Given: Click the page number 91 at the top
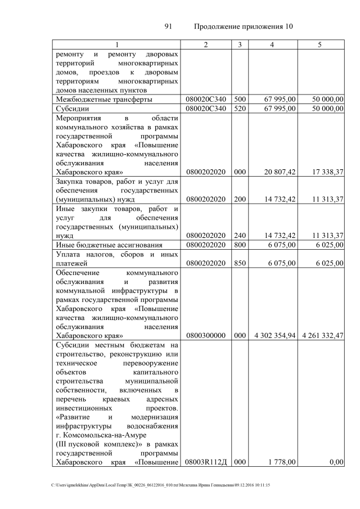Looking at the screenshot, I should coord(168,26).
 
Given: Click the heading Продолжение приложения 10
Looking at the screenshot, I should coord(244,26).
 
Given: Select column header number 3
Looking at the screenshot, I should coord(240,44).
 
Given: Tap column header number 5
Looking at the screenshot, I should coord(319,44).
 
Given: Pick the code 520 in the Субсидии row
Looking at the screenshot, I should coord(240,108).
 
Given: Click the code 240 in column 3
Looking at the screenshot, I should coord(240,235).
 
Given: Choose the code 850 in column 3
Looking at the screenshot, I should coord(240,262).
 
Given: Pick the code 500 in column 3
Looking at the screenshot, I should coord(240,100).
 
